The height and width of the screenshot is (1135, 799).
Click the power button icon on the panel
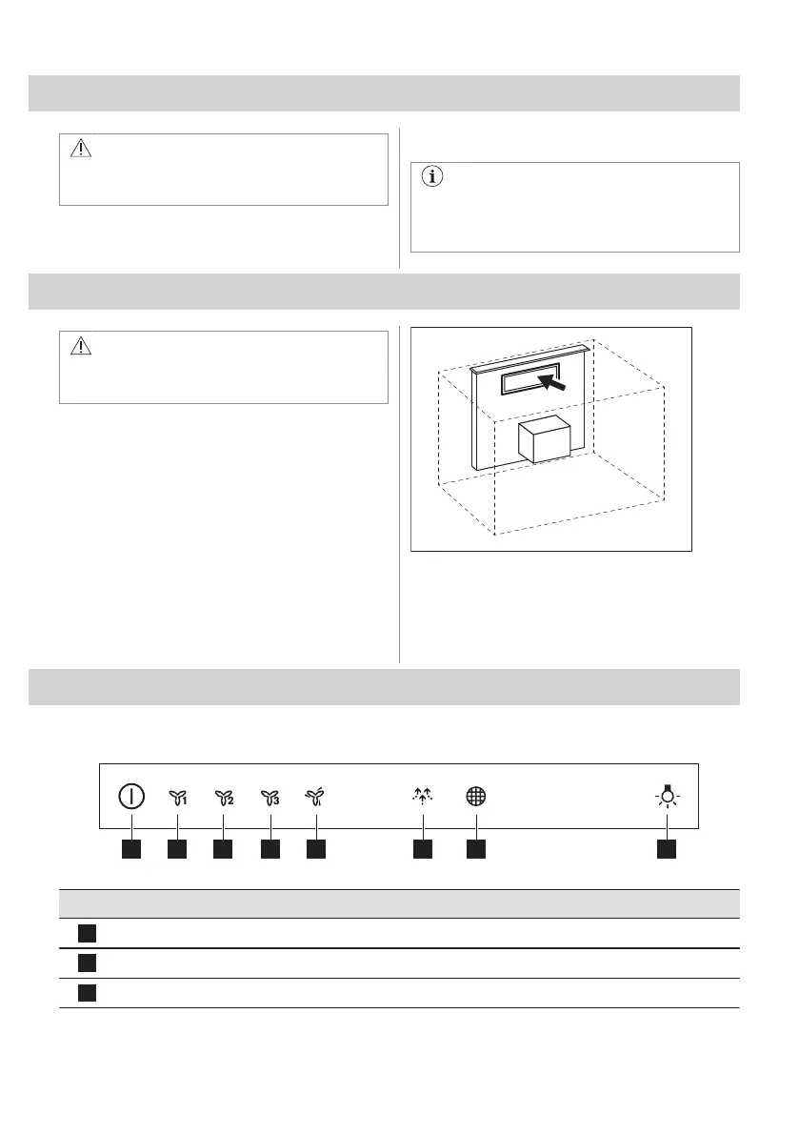pos(131,797)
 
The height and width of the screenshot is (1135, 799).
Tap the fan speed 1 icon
pos(177,798)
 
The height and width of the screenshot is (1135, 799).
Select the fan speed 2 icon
pos(224,798)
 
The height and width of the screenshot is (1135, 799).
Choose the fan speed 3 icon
pos(270,798)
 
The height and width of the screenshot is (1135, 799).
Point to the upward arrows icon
pos(423,797)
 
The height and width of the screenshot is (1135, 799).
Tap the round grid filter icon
pos(475,797)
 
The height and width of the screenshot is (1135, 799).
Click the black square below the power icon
pos(131,846)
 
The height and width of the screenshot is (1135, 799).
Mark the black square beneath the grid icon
pos(475,846)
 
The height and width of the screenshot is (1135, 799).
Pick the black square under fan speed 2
pos(224,846)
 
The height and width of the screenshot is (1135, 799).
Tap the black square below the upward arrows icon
pos(423,846)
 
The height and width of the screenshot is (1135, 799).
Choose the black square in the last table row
pos(86,993)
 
